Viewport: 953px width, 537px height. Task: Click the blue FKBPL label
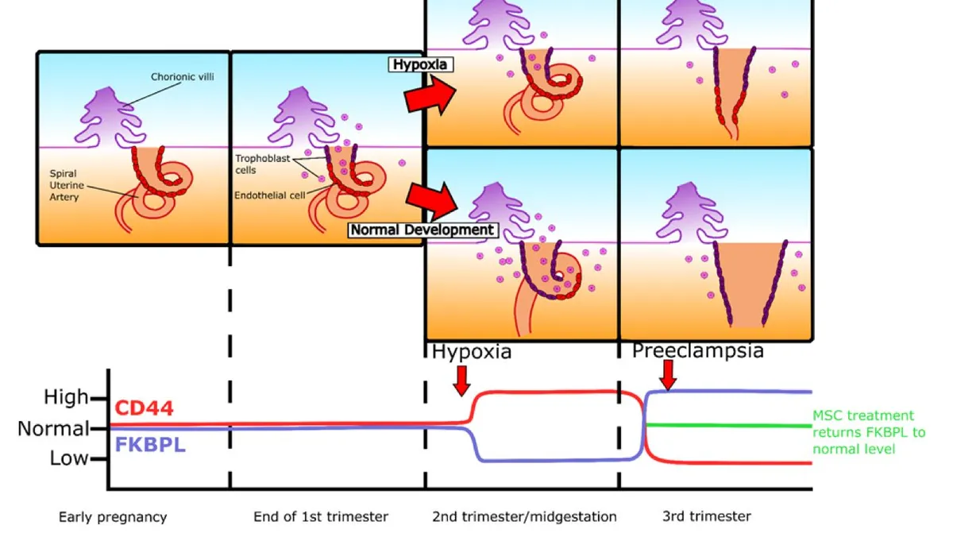(x=150, y=445)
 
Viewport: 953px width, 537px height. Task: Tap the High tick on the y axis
(x=67, y=397)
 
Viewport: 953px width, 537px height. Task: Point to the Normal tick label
(x=53, y=429)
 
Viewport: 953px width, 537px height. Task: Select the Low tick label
(x=69, y=458)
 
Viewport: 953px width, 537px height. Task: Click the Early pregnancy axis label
(x=113, y=517)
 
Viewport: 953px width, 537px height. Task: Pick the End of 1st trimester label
(x=321, y=517)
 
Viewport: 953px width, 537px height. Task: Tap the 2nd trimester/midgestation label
(x=524, y=517)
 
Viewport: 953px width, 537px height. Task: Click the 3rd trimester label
(x=707, y=517)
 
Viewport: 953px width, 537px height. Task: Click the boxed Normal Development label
(x=423, y=230)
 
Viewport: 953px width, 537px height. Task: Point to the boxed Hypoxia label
(x=420, y=64)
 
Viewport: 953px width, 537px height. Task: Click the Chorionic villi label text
(x=183, y=77)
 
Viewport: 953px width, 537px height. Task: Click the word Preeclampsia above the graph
(x=697, y=350)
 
